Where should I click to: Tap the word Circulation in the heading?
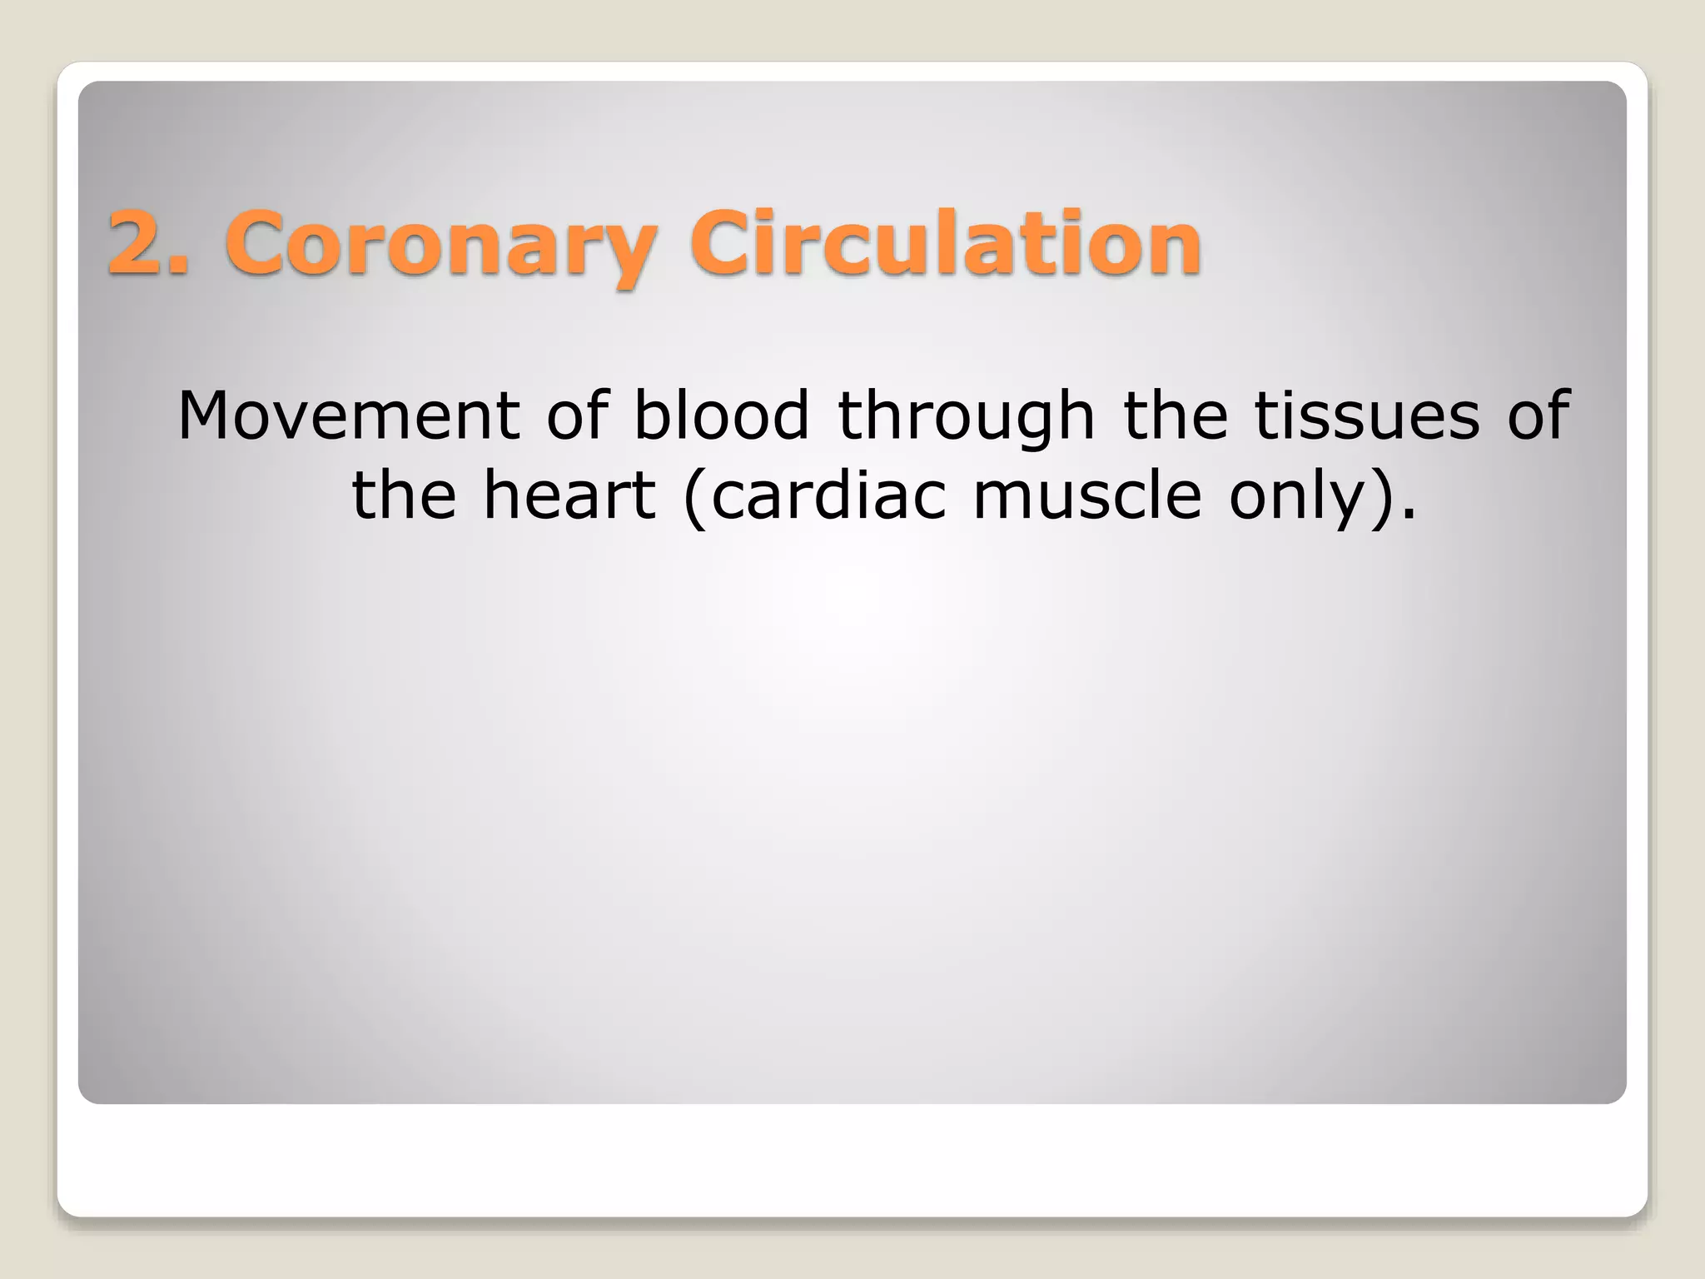(x=946, y=242)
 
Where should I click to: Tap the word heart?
(x=569, y=495)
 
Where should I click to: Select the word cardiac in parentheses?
(x=828, y=495)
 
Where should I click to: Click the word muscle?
(x=1086, y=495)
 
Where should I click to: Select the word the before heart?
(x=404, y=495)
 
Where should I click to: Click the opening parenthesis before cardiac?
(x=694, y=497)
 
